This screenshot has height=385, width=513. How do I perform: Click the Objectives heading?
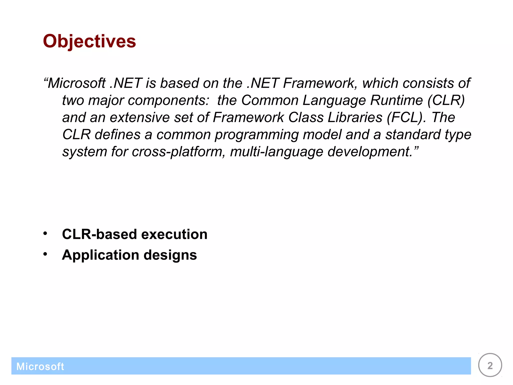tap(89, 41)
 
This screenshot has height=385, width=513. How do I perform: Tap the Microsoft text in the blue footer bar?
tap(40, 366)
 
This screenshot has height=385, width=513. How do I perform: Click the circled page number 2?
tap(490, 365)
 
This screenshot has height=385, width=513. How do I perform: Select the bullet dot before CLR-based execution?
tap(45, 234)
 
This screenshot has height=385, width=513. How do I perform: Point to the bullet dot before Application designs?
tap(45, 254)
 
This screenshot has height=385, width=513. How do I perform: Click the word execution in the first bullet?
tap(174, 234)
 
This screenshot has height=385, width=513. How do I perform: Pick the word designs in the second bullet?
tap(170, 255)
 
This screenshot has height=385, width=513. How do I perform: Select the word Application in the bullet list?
tap(100, 255)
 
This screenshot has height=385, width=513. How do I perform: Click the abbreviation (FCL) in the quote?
tap(406, 117)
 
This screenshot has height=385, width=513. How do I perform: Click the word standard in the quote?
tap(413, 135)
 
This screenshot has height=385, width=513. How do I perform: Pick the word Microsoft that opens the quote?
tap(77, 83)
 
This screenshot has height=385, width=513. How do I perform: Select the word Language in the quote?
tap(334, 100)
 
